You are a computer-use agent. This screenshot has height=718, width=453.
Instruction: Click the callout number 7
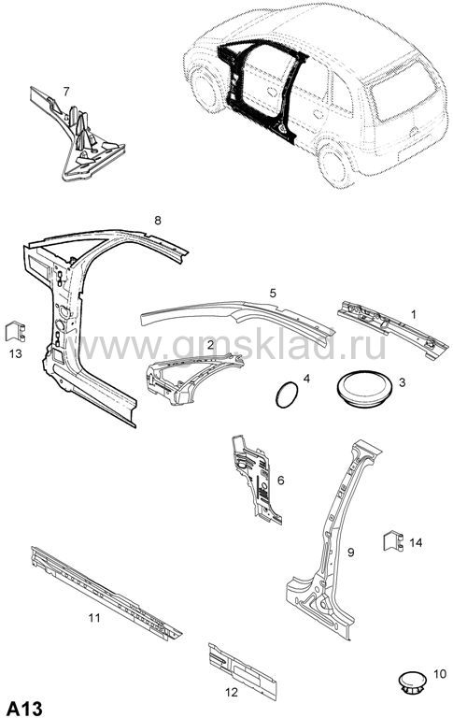pyautogui.click(x=66, y=92)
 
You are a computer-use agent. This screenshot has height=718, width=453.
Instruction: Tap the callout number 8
pyautogui.click(x=158, y=221)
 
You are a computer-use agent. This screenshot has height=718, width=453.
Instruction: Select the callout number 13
pyautogui.click(x=16, y=353)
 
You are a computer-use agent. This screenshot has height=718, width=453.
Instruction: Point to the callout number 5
pyautogui.click(x=273, y=293)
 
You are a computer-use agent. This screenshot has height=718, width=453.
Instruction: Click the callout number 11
pyautogui.click(x=94, y=618)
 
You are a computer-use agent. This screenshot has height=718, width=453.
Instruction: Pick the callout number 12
pyautogui.click(x=232, y=692)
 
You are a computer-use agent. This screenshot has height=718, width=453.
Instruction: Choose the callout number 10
pyautogui.click(x=439, y=674)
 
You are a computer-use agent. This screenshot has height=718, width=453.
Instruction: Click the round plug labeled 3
pyautogui.click(x=364, y=388)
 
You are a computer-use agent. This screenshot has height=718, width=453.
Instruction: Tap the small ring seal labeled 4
pyautogui.click(x=287, y=395)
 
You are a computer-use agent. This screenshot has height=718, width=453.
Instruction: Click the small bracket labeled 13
pyautogui.click(x=15, y=332)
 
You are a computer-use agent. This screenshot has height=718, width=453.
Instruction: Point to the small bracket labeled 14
pyautogui.click(x=393, y=540)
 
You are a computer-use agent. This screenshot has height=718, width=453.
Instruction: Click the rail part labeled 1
pyautogui.click(x=391, y=329)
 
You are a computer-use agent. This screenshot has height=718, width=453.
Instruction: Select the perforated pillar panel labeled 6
pyautogui.click(x=256, y=481)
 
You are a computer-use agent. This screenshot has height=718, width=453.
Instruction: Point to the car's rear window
pyautogui.click(x=403, y=92)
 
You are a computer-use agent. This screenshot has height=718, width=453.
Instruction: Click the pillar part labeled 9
pyautogui.click(x=331, y=540)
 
